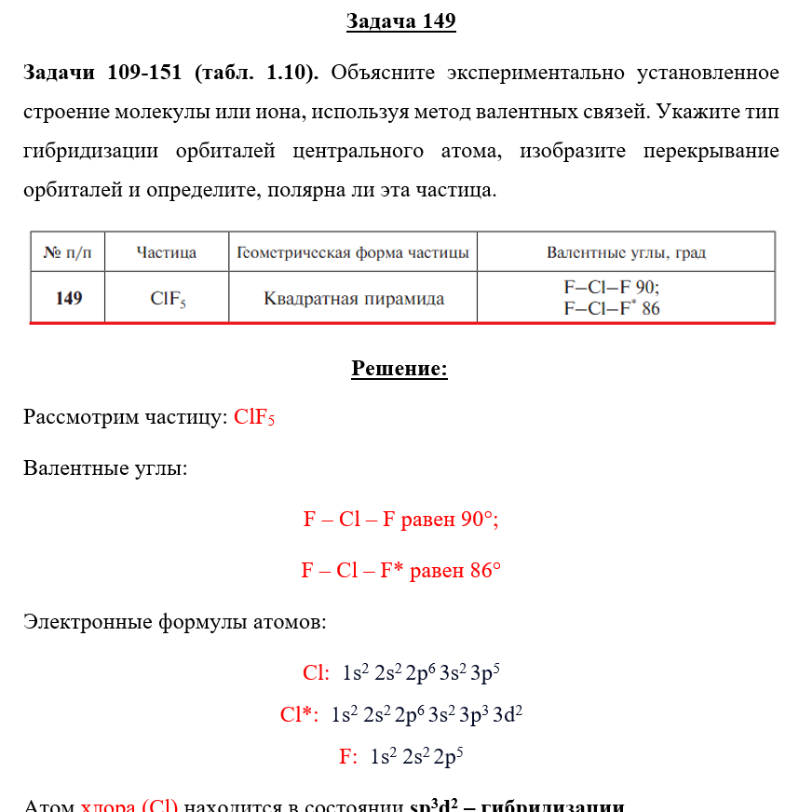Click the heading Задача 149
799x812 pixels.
pyautogui.click(x=400, y=21)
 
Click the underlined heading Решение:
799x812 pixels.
pyautogui.click(x=399, y=369)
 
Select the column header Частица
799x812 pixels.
pyautogui.click(x=166, y=252)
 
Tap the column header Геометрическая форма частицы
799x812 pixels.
pyautogui.click(x=353, y=252)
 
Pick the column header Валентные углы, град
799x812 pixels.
pyautogui.click(x=626, y=252)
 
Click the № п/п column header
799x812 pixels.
pyautogui.click(x=67, y=252)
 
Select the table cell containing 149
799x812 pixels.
pyautogui.click(x=68, y=298)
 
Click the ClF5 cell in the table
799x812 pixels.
pyautogui.click(x=168, y=299)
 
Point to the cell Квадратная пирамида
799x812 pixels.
pyautogui.click(x=354, y=299)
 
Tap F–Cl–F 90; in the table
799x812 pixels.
pyautogui.click(x=612, y=288)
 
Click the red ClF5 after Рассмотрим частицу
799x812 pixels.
pyautogui.click(x=254, y=417)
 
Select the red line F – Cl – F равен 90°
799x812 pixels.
pyautogui.click(x=400, y=520)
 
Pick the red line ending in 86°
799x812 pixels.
pyautogui.click(x=400, y=570)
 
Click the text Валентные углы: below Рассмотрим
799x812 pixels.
pyautogui.click(x=105, y=467)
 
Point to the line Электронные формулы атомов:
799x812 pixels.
pyautogui.click(x=174, y=621)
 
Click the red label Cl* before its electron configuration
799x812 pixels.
pyautogui.click(x=299, y=715)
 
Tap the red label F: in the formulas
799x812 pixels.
pyautogui.click(x=348, y=757)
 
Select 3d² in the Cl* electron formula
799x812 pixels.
pyautogui.click(x=508, y=714)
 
